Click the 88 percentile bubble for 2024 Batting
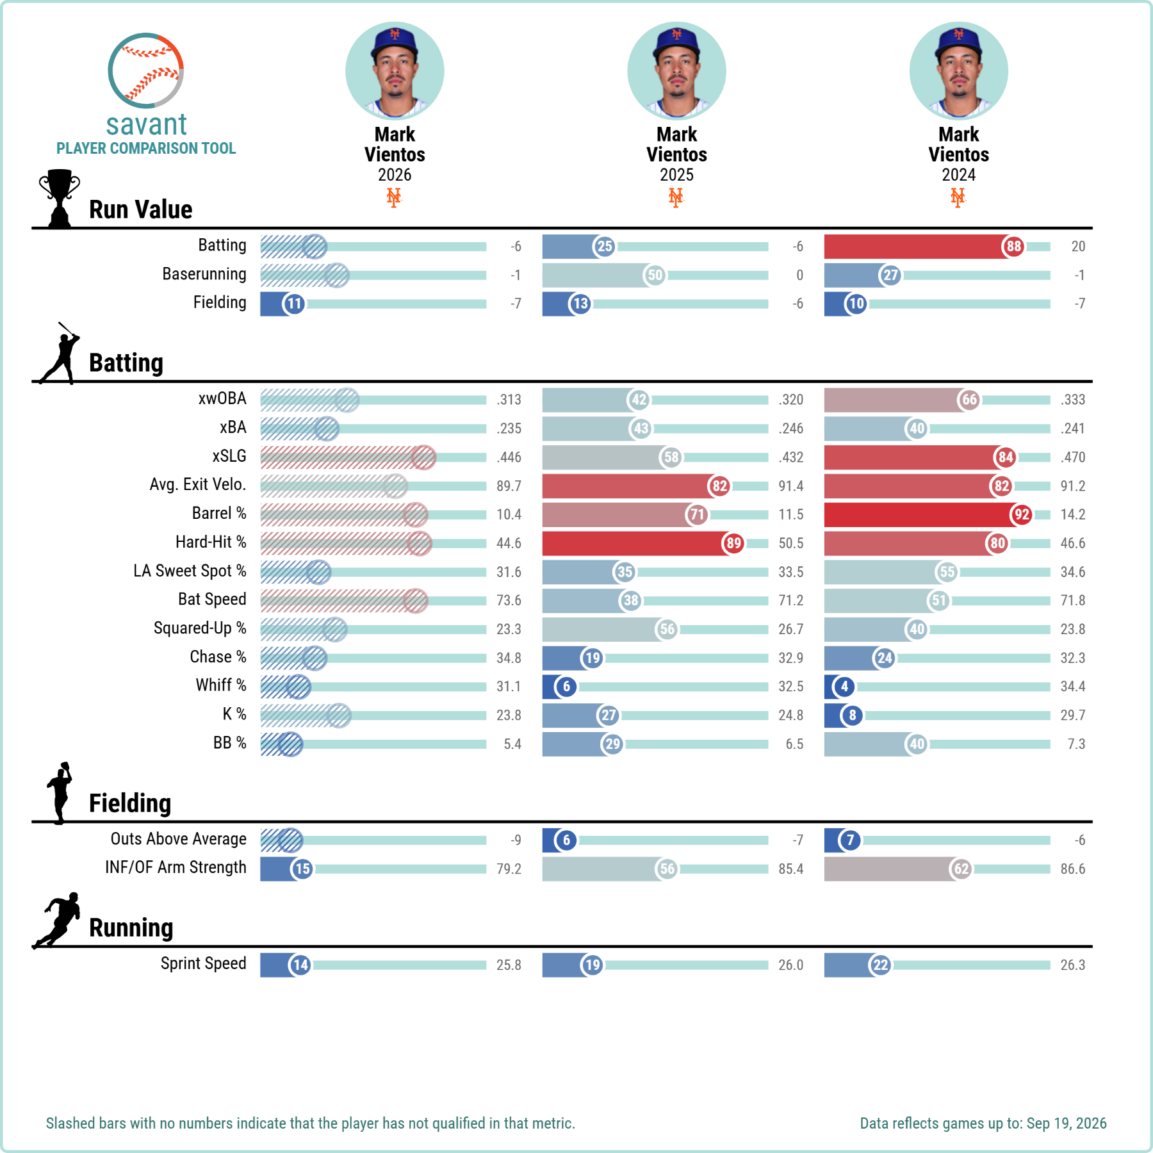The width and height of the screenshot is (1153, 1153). point(1013,247)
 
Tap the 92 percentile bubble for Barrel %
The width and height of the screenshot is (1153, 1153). point(1022,514)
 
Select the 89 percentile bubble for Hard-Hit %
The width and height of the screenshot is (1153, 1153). point(733,543)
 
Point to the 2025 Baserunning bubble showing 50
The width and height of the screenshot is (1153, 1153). point(655,275)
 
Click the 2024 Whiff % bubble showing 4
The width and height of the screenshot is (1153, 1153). point(844,687)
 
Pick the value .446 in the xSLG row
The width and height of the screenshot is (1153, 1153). point(509,457)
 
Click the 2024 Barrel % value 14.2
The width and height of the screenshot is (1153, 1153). point(1073,514)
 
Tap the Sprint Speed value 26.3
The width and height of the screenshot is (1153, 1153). point(1073,965)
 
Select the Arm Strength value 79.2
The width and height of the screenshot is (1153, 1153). point(509,869)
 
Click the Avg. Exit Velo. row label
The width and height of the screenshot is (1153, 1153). point(198,484)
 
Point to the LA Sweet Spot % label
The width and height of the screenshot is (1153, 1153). point(190,571)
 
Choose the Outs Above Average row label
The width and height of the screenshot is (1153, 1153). point(179,838)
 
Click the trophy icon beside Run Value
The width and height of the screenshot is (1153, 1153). point(60,199)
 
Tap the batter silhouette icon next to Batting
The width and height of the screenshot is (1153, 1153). point(60,353)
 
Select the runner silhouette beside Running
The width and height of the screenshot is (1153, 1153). point(58,920)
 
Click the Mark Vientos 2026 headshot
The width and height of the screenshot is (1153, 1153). point(395,71)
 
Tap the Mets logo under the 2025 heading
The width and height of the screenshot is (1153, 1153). point(676,197)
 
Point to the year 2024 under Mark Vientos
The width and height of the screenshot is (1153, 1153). point(958,175)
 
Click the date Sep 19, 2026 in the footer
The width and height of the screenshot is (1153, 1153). point(1067,1124)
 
